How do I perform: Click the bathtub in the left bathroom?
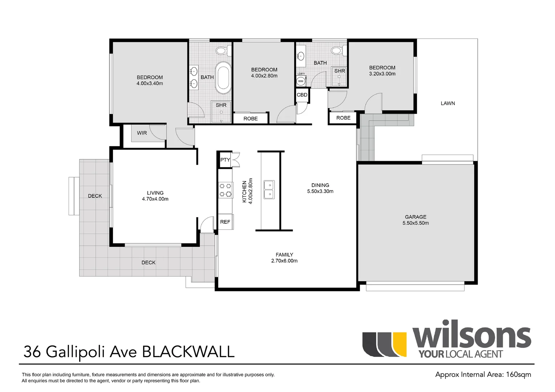(x=223, y=78)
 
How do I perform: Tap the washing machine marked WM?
(x=300, y=81)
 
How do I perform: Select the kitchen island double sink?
(x=269, y=190)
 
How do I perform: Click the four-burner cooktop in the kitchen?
(x=226, y=190)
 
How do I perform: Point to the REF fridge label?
(x=225, y=222)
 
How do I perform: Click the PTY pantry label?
(x=225, y=160)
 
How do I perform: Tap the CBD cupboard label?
(x=302, y=95)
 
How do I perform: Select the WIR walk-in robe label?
(x=142, y=133)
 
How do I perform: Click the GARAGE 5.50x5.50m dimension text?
(x=416, y=223)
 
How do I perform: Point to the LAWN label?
(x=448, y=103)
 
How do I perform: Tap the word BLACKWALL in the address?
(x=188, y=352)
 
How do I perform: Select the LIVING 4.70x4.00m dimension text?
(x=155, y=199)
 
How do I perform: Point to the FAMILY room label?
(x=284, y=254)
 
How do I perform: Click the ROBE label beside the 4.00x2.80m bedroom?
(x=251, y=119)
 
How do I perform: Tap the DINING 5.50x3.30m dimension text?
(x=320, y=191)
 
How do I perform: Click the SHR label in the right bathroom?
(x=340, y=71)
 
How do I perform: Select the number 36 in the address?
(x=32, y=352)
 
